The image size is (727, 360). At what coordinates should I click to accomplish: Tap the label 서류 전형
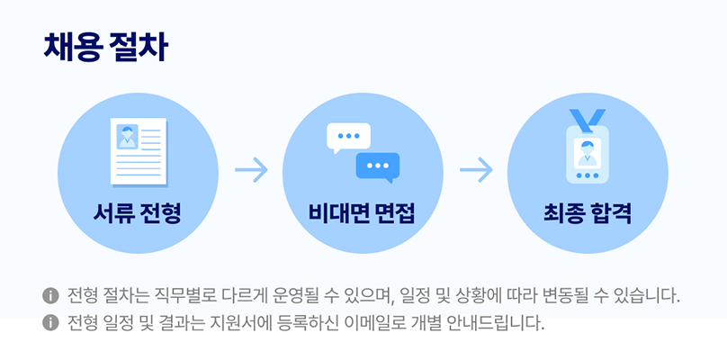coord(138,214)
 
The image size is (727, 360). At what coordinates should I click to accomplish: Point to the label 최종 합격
coord(587,214)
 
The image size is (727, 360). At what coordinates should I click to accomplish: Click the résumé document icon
coord(139,151)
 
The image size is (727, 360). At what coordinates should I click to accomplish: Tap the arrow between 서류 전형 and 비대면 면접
coord(251,169)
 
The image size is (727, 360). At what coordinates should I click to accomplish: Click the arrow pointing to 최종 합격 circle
coord(476,169)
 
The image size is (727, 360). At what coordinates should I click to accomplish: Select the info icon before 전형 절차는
coord(49,296)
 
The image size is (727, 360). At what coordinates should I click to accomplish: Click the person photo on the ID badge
coord(588,148)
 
